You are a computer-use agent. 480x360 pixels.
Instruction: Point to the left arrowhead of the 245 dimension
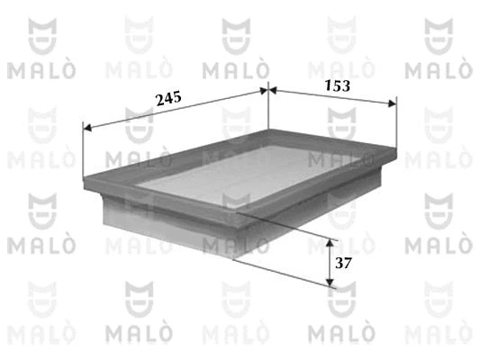(x=86, y=127)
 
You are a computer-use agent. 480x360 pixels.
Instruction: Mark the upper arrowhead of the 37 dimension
(x=331, y=244)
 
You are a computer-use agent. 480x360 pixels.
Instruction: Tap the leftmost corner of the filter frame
(x=84, y=175)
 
